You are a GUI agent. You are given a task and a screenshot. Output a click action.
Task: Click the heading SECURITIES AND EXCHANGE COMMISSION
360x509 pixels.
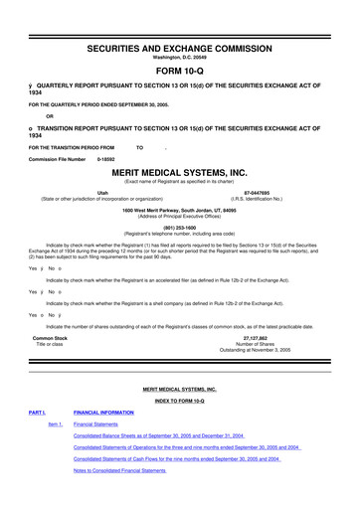pyautogui.click(x=180, y=20)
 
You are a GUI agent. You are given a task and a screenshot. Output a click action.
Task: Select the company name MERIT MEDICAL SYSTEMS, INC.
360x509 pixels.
pyautogui.click(x=180, y=171)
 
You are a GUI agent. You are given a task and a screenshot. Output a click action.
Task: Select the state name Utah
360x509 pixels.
pyautogui.click(x=102, y=194)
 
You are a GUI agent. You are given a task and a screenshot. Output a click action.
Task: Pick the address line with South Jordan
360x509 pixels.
pyautogui.click(x=180, y=210)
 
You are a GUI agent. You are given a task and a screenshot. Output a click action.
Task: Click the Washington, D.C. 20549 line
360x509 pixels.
pyautogui.click(x=180, y=30)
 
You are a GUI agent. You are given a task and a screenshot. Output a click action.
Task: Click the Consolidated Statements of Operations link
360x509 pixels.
pyautogui.click(x=182, y=446)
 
